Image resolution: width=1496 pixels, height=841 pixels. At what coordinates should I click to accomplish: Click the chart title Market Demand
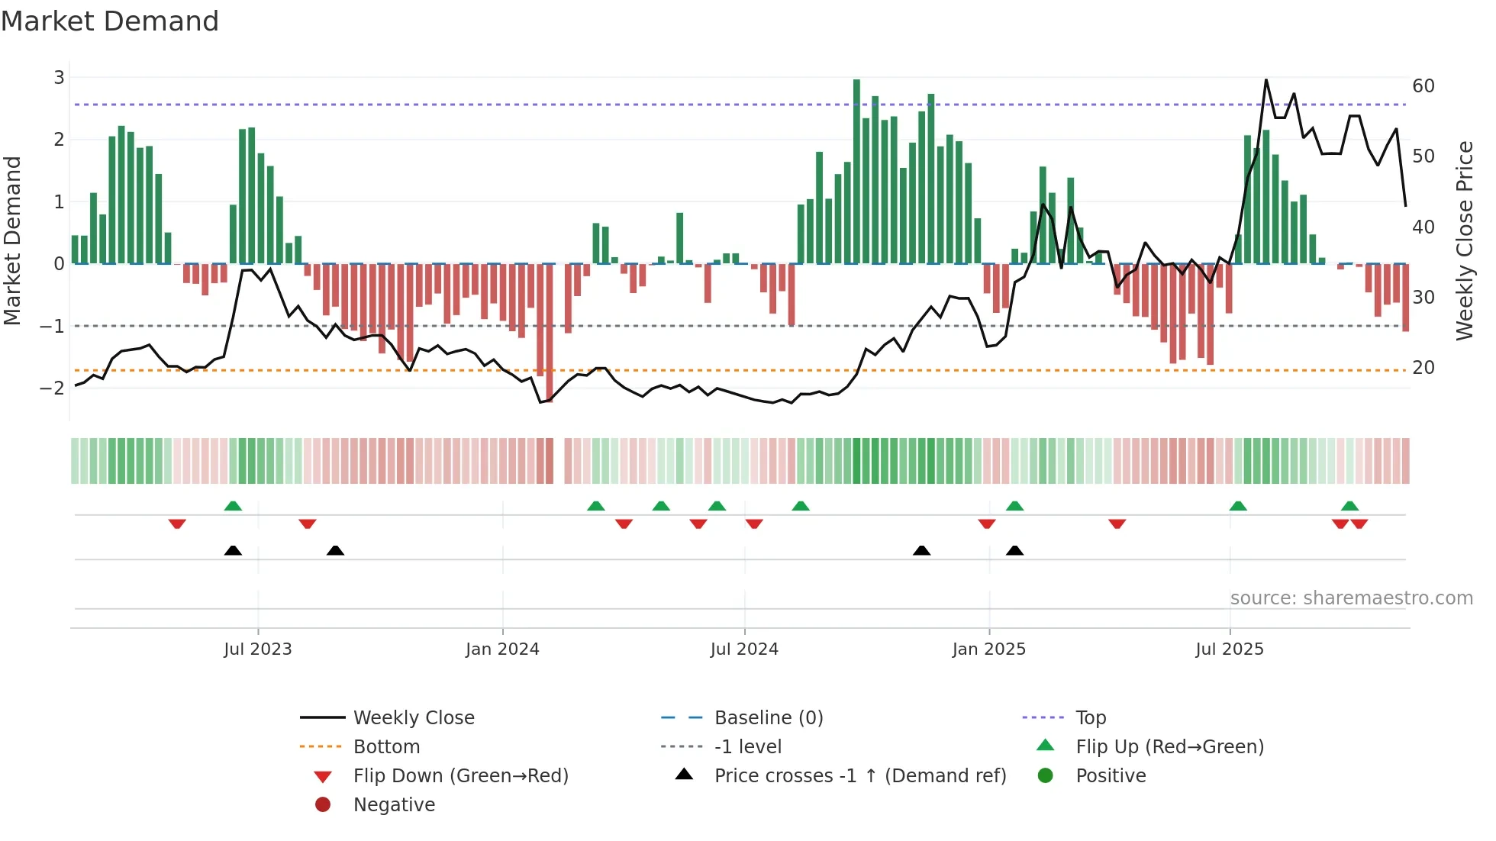coord(110,21)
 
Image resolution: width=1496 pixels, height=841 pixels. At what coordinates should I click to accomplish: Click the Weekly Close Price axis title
coord(1464,240)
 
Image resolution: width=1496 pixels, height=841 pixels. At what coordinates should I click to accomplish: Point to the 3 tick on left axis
coord(59,77)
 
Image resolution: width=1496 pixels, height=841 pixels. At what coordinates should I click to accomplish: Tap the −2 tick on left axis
coord(53,388)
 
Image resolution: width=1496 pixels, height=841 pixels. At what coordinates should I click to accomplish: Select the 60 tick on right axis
coord(1423,85)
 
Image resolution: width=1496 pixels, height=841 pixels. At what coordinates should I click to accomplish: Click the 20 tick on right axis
coord(1423,367)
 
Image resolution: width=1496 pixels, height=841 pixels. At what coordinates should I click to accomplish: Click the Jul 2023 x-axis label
coord(258,649)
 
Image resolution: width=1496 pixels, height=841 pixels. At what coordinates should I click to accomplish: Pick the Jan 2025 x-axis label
coord(989,649)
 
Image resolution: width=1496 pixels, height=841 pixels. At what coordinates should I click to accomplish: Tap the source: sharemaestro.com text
coord(1351,598)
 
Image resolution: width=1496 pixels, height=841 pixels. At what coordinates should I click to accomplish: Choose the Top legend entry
coord(1091,717)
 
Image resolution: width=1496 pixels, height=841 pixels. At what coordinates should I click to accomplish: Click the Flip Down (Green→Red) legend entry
coord(460,775)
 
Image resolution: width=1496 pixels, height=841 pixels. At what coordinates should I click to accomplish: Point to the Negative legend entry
coord(394,804)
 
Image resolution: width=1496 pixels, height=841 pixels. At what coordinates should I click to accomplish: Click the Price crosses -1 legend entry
coord(860,775)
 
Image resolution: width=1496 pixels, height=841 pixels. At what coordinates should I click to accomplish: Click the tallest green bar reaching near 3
coord(856,172)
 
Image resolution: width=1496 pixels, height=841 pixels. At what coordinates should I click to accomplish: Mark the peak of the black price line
coord(1266,80)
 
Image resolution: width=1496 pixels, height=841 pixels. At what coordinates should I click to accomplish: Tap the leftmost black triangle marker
coord(233,551)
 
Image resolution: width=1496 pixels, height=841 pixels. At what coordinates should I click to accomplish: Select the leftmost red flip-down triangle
coord(177,524)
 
